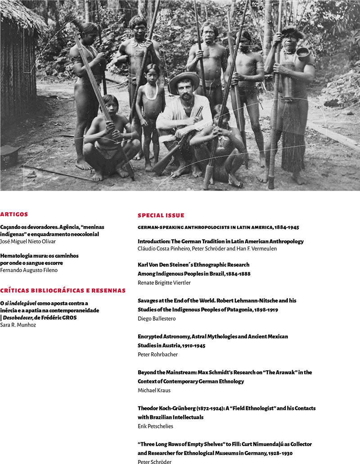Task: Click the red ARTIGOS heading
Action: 14,214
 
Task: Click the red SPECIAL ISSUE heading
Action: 161,215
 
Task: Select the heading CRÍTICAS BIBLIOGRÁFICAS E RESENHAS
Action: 63,290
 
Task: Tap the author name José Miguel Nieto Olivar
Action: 28,241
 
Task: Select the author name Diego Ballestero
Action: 156,318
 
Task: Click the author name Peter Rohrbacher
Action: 157,355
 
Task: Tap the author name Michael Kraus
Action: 154,390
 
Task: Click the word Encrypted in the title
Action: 151,337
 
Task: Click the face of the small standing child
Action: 152,72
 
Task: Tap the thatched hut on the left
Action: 18,63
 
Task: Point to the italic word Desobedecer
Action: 18,318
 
